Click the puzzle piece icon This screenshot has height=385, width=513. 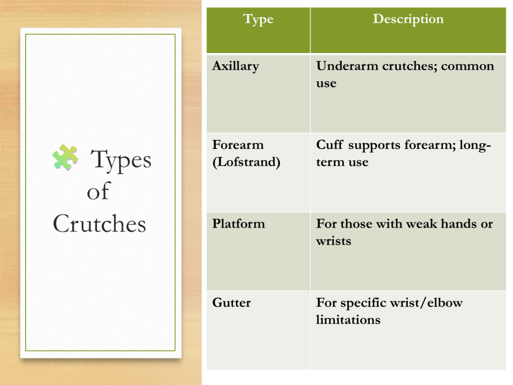(66, 157)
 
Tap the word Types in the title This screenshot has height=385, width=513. (121, 160)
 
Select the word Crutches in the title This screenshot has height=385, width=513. (100, 224)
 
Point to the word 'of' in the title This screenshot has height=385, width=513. (98, 191)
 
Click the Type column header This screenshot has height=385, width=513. (258, 20)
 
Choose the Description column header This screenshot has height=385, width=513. (408, 19)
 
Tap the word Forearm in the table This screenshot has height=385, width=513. (238, 145)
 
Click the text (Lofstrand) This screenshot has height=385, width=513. (246, 162)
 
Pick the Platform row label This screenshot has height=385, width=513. (238, 224)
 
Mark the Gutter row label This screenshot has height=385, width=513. (231, 302)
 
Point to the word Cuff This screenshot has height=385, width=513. (330, 144)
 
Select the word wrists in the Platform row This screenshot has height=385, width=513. (334, 241)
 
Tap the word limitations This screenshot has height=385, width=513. (349, 319)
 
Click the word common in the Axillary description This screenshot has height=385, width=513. (467, 66)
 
